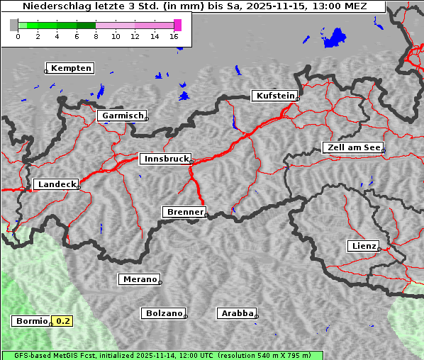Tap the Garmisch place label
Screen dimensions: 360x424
pyautogui.click(x=123, y=116)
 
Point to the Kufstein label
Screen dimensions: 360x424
pyautogui.click(x=274, y=96)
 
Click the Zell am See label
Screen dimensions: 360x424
pyautogui.click(x=353, y=147)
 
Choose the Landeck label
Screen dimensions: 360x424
pyautogui.click(x=56, y=184)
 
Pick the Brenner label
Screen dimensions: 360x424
pyautogui.click(x=184, y=212)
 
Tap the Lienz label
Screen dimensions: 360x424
pyautogui.click(x=364, y=246)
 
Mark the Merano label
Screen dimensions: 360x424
pyautogui.click(x=139, y=279)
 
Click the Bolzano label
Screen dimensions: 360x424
pyautogui.click(x=164, y=313)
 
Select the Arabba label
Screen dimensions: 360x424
pyautogui.click(x=237, y=313)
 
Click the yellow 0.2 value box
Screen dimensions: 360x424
pyautogui.click(x=63, y=321)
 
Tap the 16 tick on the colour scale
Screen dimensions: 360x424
pyautogui.click(x=174, y=35)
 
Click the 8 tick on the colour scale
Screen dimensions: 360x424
pyautogui.click(x=96, y=35)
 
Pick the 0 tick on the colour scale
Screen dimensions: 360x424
pyautogui.click(x=18, y=35)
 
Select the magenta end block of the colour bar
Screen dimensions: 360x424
pyautogui.click(x=177, y=25)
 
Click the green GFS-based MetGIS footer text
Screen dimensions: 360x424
pyautogui.click(x=162, y=355)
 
